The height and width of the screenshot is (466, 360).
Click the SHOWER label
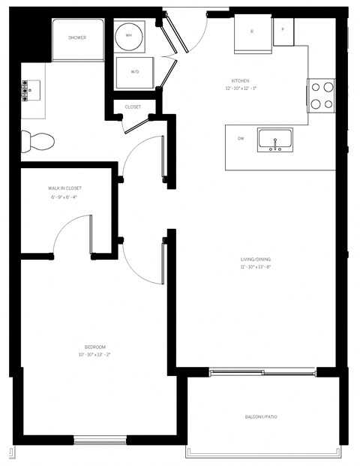[77, 38]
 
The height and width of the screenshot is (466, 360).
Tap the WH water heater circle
[129, 35]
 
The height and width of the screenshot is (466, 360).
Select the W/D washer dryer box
[135, 72]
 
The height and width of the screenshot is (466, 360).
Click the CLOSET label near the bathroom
[133, 107]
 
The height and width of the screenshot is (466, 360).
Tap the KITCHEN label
[240, 80]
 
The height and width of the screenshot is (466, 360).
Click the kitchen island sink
[275, 140]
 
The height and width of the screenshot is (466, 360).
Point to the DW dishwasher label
[241, 139]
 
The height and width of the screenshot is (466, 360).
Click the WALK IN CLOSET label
[64, 188]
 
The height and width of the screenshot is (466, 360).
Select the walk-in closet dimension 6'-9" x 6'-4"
[64, 197]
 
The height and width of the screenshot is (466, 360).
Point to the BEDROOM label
[94, 347]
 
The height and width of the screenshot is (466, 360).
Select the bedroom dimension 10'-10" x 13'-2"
[94, 354]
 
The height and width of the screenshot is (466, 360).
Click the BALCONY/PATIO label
[261, 416]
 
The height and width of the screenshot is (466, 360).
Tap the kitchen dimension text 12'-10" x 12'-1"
[240, 88]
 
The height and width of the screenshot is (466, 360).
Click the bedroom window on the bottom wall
[94, 440]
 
